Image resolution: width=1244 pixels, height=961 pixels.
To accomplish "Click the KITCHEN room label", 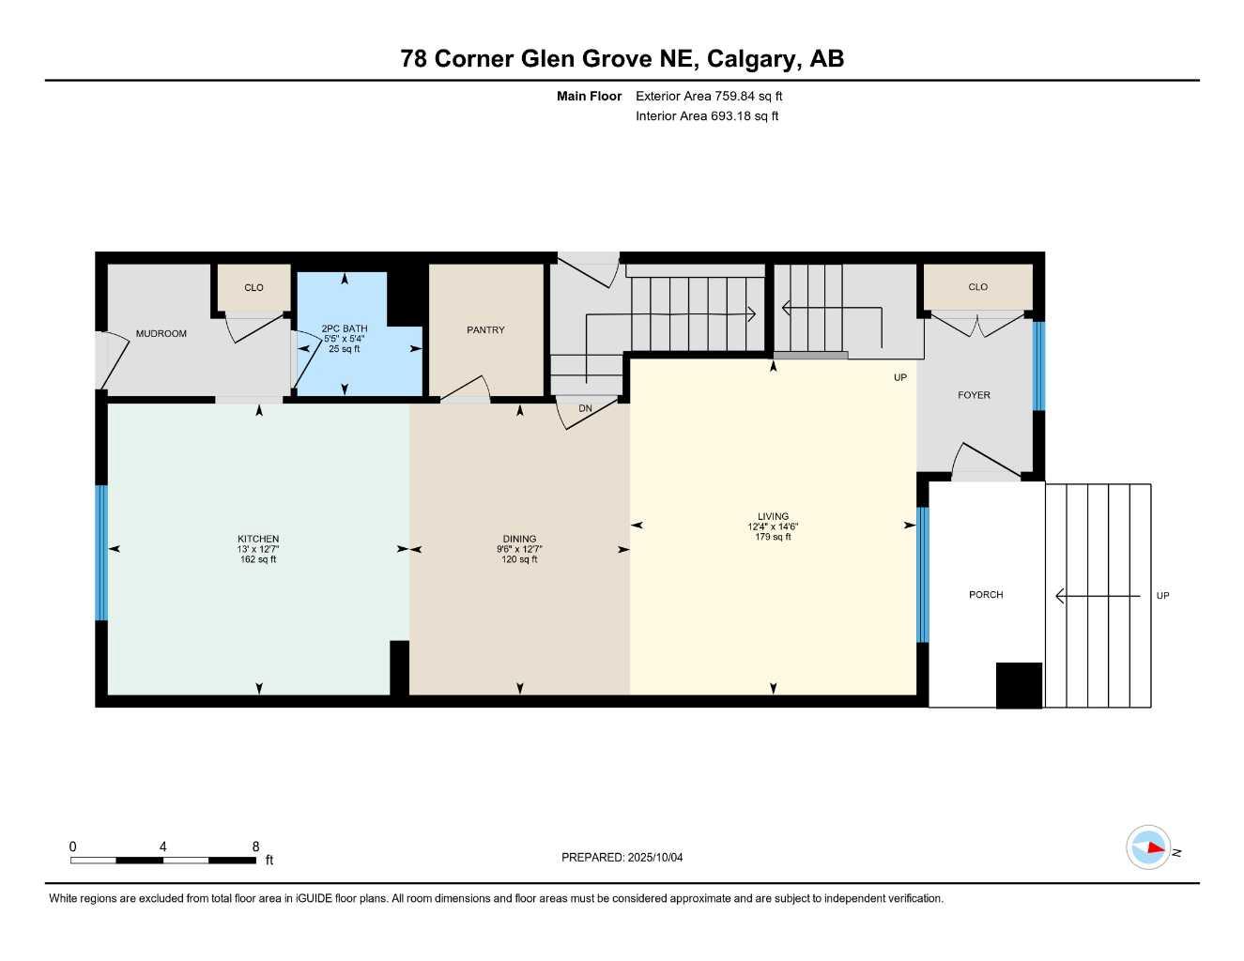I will [258, 540].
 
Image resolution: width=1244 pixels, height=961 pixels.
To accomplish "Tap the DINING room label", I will [519, 540].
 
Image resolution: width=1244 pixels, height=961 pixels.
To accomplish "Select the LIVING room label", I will [774, 516].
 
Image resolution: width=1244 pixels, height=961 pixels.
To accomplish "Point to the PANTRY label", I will [485, 330].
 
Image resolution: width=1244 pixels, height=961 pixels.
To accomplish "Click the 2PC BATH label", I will [345, 329].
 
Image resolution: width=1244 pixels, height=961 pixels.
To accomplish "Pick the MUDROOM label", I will [161, 334].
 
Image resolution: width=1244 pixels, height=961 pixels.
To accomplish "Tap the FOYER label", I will [974, 395].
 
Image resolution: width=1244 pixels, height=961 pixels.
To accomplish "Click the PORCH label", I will [986, 595].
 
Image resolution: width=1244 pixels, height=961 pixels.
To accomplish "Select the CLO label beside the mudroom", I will [253, 288].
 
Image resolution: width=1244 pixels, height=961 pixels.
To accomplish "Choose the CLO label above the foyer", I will [977, 287].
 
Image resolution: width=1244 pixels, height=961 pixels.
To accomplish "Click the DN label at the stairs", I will [585, 409].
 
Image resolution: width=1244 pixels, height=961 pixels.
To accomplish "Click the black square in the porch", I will [1019, 685].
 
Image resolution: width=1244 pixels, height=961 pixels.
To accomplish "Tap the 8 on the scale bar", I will [255, 847].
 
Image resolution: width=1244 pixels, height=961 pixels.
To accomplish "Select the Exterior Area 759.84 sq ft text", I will [709, 96].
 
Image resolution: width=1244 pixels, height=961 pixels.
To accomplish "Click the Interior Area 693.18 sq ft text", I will [707, 116].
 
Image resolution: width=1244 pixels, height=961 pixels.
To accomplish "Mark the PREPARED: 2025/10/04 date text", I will [622, 858].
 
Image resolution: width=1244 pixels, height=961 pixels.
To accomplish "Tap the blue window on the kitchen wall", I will [101, 553].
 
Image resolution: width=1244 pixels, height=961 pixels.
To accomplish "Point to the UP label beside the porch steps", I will [1162, 596].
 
